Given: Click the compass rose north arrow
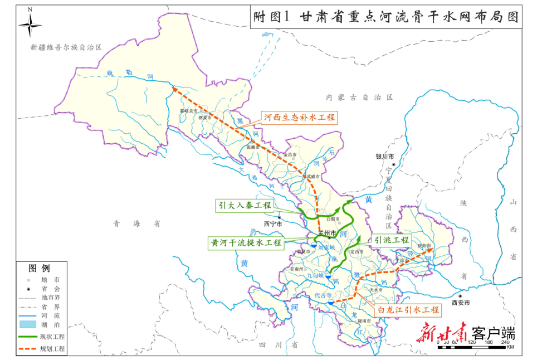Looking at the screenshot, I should [x=30, y=24].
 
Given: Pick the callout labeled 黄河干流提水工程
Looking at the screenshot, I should [x=246, y=243].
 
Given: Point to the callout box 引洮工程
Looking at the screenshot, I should [x=392, y=240].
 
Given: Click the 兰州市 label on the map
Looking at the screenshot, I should [x=326, y=232].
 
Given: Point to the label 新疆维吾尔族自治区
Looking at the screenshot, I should [x=67, y=48].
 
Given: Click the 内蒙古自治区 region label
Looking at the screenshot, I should [x=360, y=97].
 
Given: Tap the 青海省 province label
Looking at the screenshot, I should [x=136, y=223].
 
